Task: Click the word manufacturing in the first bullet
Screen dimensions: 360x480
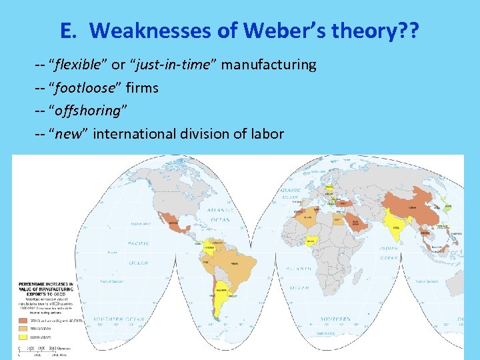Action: point(268,65)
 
